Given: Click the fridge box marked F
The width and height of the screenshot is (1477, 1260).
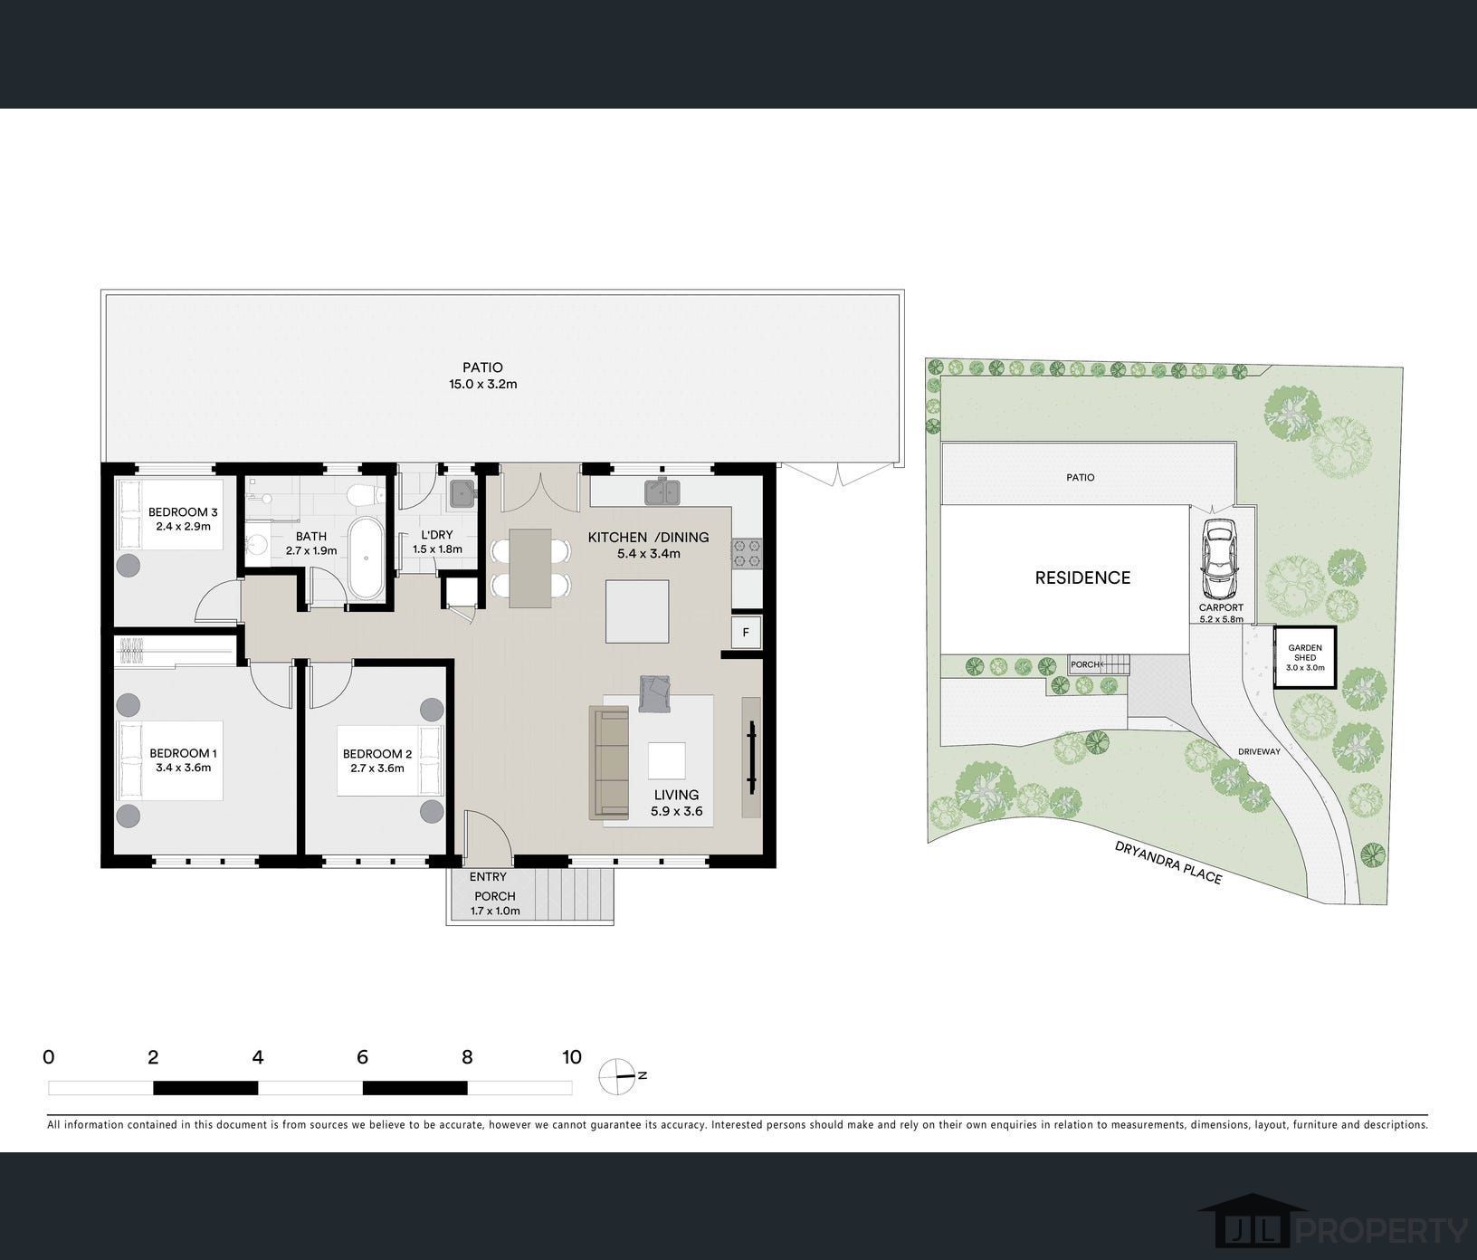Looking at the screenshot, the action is [x=747, y=632].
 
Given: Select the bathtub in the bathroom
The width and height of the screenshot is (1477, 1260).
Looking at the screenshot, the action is [x=366, y=558].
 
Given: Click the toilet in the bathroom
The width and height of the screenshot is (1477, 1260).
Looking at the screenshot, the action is [x=367, y=494].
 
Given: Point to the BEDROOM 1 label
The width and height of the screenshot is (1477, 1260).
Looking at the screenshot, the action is [x=183, y=753].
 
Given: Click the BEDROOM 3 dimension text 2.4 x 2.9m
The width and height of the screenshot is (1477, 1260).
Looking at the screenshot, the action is [x=183, y=526].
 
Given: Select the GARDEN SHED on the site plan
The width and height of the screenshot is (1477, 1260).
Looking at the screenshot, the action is [x=1304, y=657].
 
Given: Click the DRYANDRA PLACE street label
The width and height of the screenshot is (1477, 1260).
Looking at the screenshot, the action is [x=1168, y=862].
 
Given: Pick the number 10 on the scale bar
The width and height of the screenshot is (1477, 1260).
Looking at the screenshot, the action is [x=571, y=1057].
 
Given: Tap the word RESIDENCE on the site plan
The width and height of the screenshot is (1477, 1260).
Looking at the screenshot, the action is [x=1082, y=577].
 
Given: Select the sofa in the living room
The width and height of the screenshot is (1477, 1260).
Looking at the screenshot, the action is [x=609, y=763].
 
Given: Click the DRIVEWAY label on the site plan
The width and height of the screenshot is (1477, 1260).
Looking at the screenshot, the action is [x=1259, y=751].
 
